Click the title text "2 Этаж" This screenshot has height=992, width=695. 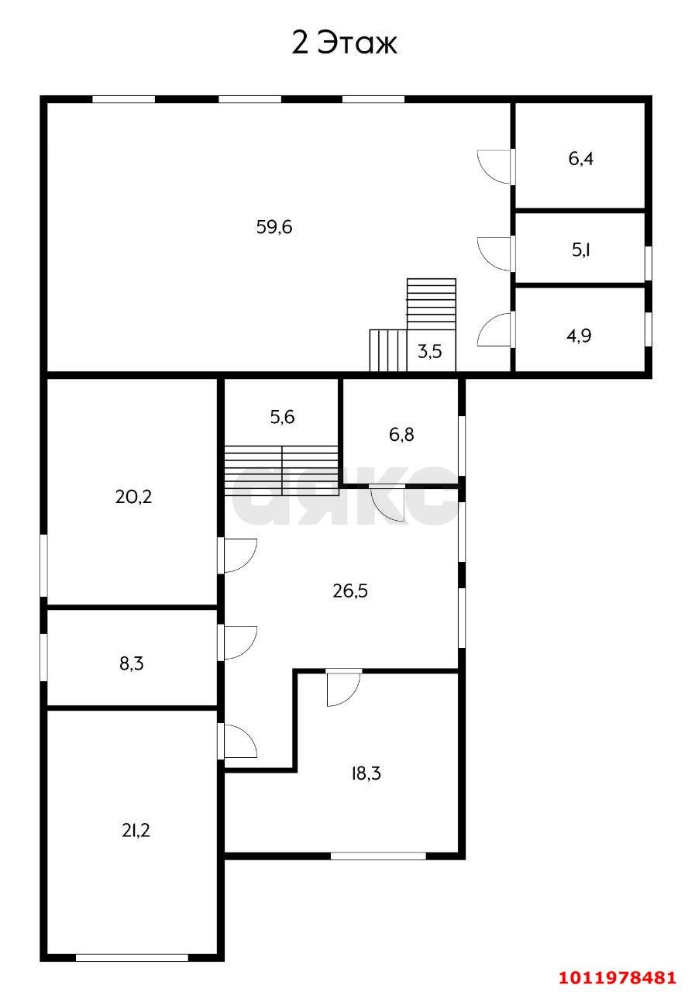point(344,43)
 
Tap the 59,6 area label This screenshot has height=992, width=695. point(274,227)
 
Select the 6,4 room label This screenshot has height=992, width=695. point(581,159)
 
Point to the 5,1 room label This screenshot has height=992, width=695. point(581,250)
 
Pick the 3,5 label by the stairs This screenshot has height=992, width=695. point(430,352)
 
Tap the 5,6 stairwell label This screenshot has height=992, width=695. point(282,417)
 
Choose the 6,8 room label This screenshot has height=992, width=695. point(401,434)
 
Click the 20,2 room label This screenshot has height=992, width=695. point(133,497)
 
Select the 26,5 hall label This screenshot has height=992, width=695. point(349,591)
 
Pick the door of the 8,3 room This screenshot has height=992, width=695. point(239,642)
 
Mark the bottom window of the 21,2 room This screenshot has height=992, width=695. point(132,958)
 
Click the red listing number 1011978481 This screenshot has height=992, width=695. point(617,976)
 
